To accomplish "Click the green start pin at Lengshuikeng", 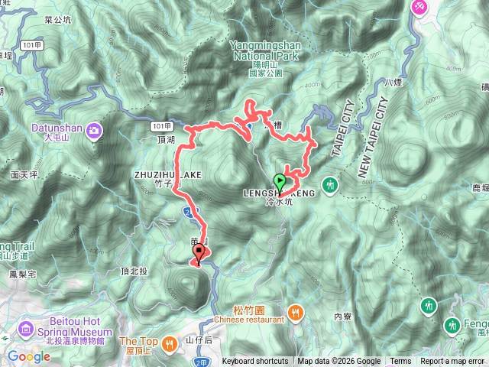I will pos(280,183).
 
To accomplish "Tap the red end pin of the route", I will pos(200,252).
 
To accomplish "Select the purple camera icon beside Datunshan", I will pos(94,130).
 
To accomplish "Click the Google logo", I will pos(29,356).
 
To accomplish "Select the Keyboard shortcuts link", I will pos(255,362).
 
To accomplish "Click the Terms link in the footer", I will pos(400,362).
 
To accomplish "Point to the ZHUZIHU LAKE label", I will pos(167,175).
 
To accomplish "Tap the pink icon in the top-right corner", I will pos(419,7).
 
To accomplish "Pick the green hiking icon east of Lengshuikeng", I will pos(330,184).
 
